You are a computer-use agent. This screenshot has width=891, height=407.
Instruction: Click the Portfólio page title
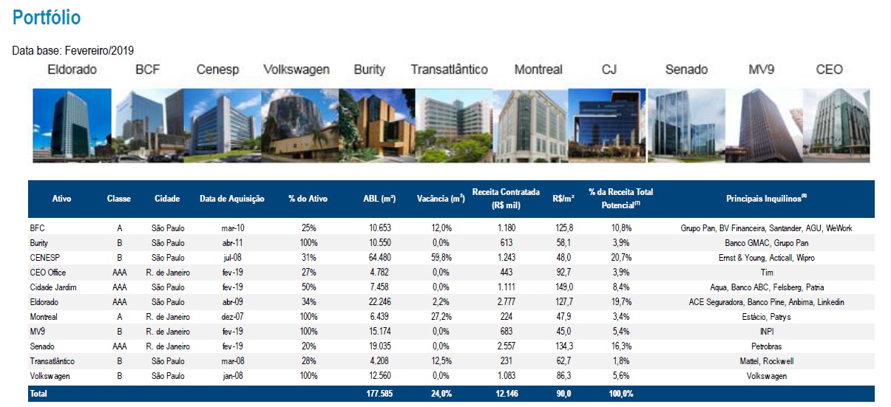pyautogui.click(x=47, y=18)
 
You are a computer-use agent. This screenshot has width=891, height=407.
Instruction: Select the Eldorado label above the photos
pyautogui.click(x=72, y=70)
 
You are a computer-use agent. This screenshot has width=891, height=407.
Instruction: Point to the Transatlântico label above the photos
pyautogui.click(x=450, y=70)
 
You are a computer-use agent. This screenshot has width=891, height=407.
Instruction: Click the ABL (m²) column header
pyautogui.click(x=379, y=199)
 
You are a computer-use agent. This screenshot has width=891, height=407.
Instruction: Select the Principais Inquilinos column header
pyautogui.click(x=766, y=198)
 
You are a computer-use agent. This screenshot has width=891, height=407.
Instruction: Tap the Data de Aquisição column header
pyautogui.click(x=232, y=199)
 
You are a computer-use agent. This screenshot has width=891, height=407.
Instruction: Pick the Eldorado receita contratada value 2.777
pyautogui.click(x=507, y=302)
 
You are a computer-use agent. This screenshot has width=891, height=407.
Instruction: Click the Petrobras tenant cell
pyautogui.click(x=766, y=346)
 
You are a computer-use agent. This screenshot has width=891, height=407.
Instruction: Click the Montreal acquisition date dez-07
pyautogui.click(x=232, y=317)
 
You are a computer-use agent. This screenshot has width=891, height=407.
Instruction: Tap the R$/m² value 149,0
pyautogui.click(x=563, y=287)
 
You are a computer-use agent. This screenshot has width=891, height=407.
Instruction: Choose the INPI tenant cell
pyautogui.click(x=766, y=332)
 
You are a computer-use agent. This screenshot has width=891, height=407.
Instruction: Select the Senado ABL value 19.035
pyautogui.click(x=380, y=346)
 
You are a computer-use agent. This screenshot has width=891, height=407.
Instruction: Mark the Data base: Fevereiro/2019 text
pyautogui.click(x=73, y=51)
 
